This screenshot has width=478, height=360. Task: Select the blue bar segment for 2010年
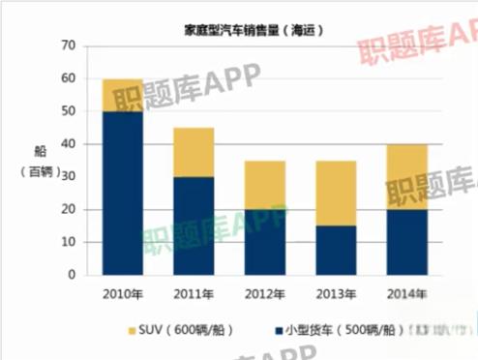click(123, 194)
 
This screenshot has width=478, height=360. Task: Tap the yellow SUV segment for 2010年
click(123, 95)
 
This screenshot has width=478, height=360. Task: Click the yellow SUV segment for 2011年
click(194, 152)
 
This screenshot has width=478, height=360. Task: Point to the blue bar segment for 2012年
click(264, 242)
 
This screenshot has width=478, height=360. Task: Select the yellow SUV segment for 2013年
click(335, 194)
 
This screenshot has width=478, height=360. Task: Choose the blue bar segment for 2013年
click(335, 251)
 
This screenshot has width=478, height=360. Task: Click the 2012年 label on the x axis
click(264, 293)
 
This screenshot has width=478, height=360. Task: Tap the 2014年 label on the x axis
click(406, 293)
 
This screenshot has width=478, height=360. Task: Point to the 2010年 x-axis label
click(123, 293)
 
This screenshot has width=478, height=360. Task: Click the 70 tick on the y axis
click(68, 46)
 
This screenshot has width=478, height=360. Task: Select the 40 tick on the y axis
click(68, 144)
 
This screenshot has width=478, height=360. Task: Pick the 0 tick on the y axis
click(72, 275)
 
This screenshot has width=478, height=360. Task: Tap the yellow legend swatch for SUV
click(134, 331)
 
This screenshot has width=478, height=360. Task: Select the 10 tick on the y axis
click(68, 242)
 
